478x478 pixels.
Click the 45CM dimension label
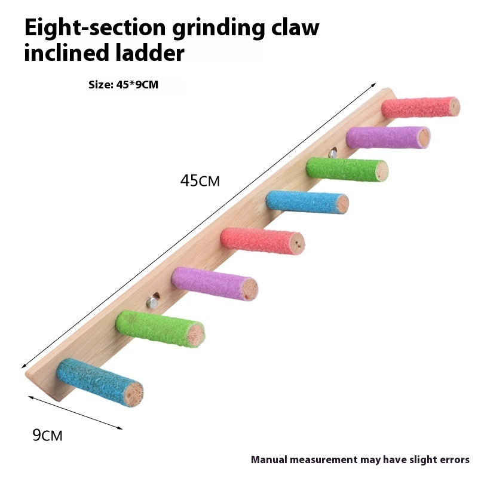pos(200,180)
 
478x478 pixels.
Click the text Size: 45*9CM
pos(123,85)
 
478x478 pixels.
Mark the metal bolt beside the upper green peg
pos(332,154)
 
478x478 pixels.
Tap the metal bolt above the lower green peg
pos(153,303)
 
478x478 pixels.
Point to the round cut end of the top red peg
pos(454,107)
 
